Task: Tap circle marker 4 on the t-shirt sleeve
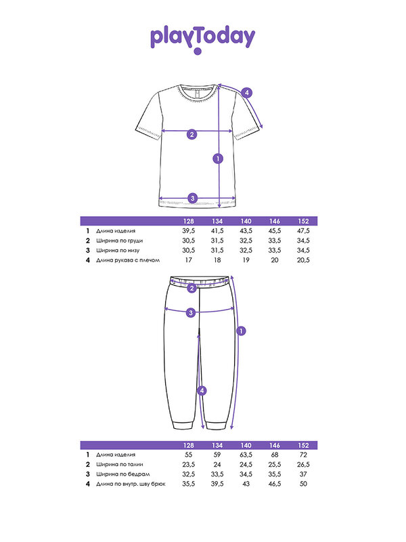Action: (248, 92)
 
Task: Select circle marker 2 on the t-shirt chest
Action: (192, 133)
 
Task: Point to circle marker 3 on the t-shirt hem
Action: (193, 198)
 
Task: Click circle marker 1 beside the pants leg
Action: (242, 331)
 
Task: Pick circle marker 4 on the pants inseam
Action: (201, 390)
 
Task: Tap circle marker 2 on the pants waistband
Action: (191, 289)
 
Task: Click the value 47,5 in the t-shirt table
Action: (302, 231)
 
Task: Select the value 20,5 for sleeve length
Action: (302, 259)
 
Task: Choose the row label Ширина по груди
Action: (120, 241)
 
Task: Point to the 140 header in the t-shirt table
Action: (246, 222)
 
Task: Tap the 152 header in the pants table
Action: (302, 445)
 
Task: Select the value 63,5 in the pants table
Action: (246, 455)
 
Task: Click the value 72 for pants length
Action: (302, 455)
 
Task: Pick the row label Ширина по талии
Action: (120, 464)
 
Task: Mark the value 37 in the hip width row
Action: (302, 474)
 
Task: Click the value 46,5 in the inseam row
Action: (274, 484)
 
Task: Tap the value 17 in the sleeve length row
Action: (189, 259)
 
